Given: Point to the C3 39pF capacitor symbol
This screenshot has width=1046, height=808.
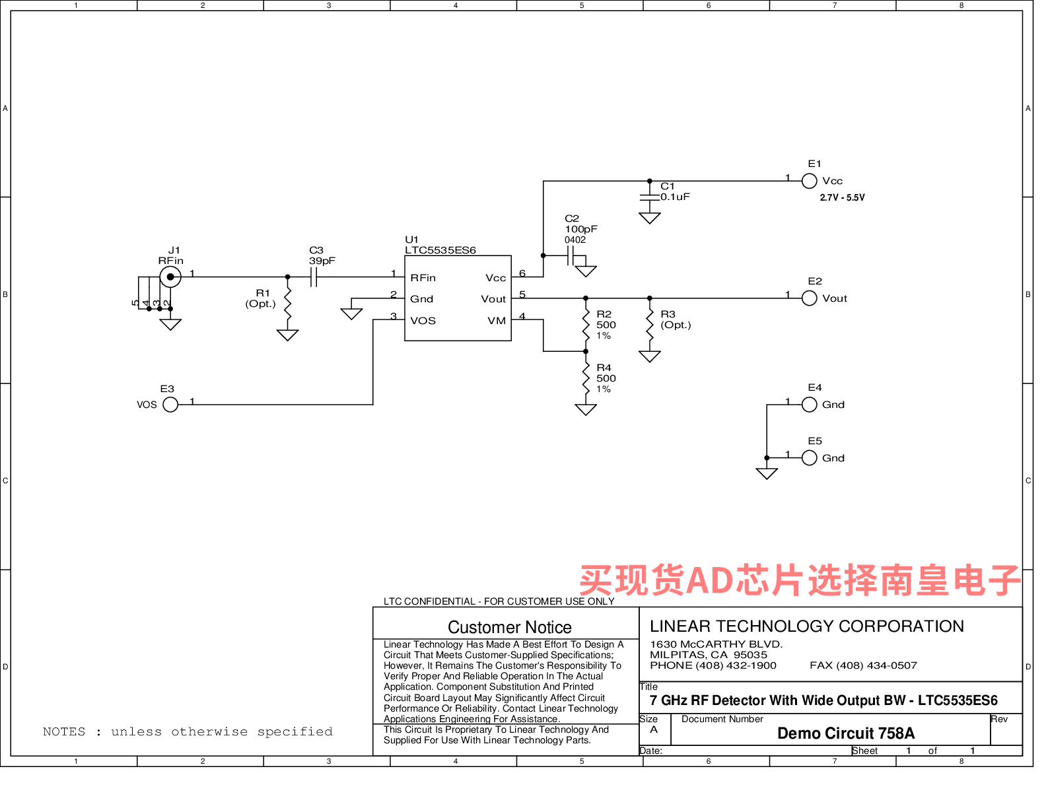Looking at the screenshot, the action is coord(314,277).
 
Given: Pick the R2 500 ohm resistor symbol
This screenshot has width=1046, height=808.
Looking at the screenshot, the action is coord(586,325).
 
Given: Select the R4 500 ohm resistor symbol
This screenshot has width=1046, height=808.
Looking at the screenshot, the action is coord(586,378).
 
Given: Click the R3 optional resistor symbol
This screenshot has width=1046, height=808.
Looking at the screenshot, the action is coord(650,325).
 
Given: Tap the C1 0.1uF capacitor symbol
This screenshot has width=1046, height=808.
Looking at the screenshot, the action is coord(650,197).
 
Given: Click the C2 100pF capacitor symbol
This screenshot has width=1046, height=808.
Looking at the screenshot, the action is coord(571,255).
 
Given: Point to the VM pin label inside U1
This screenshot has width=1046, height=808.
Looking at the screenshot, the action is coord(497,321).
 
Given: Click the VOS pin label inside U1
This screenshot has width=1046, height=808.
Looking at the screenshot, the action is coord(423,321).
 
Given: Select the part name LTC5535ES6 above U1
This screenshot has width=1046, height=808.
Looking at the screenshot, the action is coord(440,250).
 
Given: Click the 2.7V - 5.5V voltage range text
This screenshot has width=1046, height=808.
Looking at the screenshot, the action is coord(843,198).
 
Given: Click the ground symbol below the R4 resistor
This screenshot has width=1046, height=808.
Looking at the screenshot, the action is coord(586,409).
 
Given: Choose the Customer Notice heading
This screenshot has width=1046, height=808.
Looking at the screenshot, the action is coord(510,627).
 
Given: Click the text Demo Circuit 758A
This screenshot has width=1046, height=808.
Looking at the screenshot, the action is coord(846,733).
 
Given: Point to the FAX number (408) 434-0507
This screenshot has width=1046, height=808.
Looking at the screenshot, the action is coord(864,665).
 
